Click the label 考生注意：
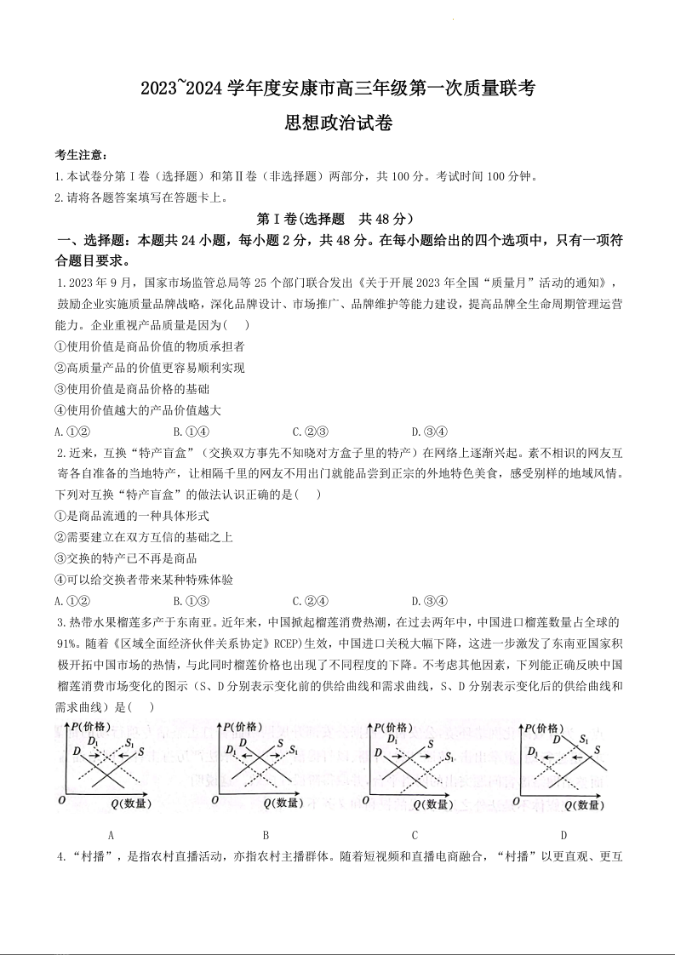[81, 154]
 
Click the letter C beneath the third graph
[415, 835]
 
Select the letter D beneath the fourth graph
[563, 835]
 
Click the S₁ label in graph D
[584, 740]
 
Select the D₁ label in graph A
[94, 742]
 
